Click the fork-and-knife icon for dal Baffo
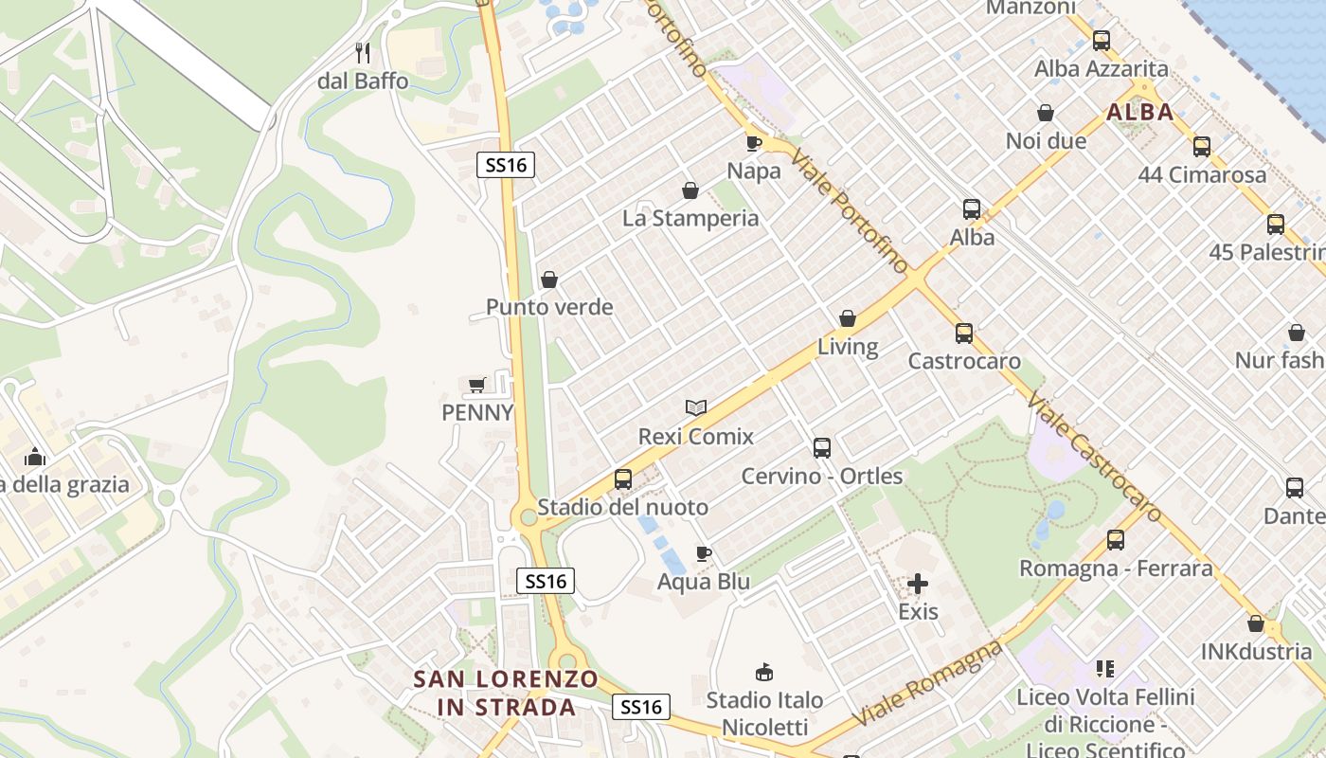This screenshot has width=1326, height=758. pos(363,52)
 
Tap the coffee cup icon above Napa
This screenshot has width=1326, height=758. pos(753,143)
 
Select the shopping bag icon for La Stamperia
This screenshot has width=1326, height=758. pos(690,190)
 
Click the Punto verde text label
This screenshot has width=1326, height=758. pos(549,307)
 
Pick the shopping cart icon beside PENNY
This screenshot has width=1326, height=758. pos(476,384)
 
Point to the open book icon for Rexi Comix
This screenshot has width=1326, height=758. pos(696,407)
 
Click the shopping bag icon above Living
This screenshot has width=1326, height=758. pos(848,318)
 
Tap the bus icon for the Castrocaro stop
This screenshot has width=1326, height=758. pos(964,334)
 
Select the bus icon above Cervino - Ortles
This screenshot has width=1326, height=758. pos(822,448)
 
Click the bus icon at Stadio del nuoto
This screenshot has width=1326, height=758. pos(622,479)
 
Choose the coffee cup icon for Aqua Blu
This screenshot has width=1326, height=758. pos(703,553)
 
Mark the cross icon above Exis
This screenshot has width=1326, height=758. pos(918,584)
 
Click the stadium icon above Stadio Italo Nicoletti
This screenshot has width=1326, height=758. pos(763,673)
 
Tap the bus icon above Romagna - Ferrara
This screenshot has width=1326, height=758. pos(1116,540)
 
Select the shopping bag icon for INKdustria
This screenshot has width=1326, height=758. pos(1255,623)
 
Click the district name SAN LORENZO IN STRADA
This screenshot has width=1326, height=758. pos(507,693)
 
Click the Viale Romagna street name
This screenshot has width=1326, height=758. pos(928,683)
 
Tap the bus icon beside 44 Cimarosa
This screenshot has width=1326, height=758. pos(1202,147)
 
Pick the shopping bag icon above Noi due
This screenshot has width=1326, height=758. pos(1046,113)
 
